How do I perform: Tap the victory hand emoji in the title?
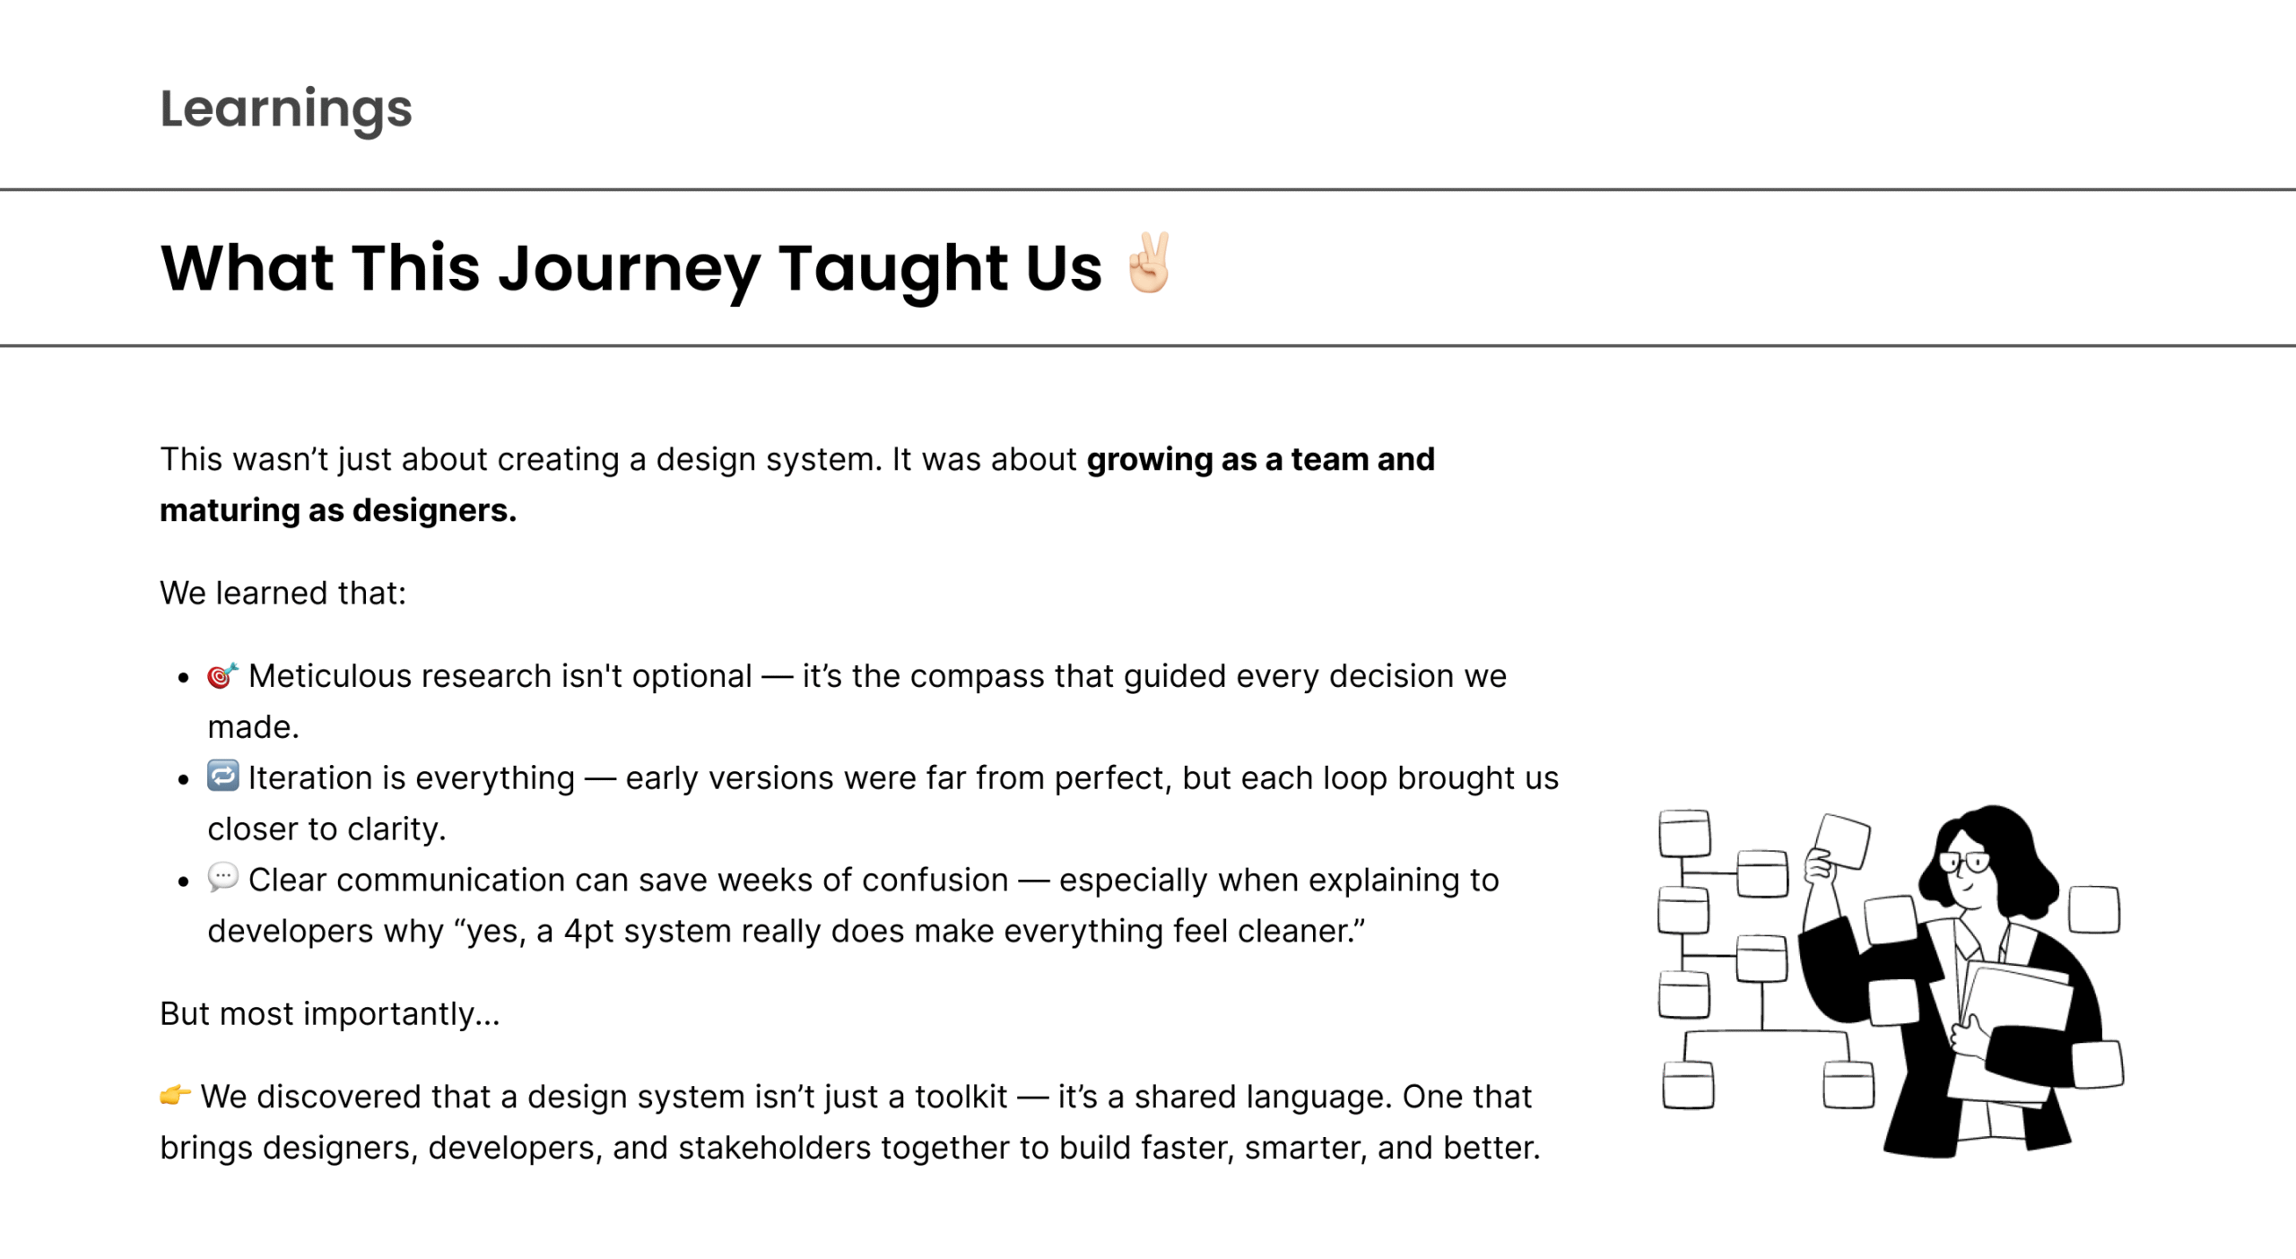(x=1150, y=263)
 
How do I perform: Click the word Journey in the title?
(x=629, y=269)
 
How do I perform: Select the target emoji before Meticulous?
(x=222, y=675)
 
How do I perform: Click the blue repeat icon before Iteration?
(x=222, y=776)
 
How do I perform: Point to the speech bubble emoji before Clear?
(x=222, y=877)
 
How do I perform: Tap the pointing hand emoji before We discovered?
(x=176, y=1095)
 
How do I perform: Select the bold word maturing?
(x=230, y=510)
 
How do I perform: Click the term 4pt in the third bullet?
(x=589, y=932)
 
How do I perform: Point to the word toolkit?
(x=961, y=1097)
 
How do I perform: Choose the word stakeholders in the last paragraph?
(x=774, y=1148)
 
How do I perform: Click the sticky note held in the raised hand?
(x=1842, y=841)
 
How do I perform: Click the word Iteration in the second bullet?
(x=322, y=778)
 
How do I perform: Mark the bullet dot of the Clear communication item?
(x=184, y=881)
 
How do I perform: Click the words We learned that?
(x=283, y=594)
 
